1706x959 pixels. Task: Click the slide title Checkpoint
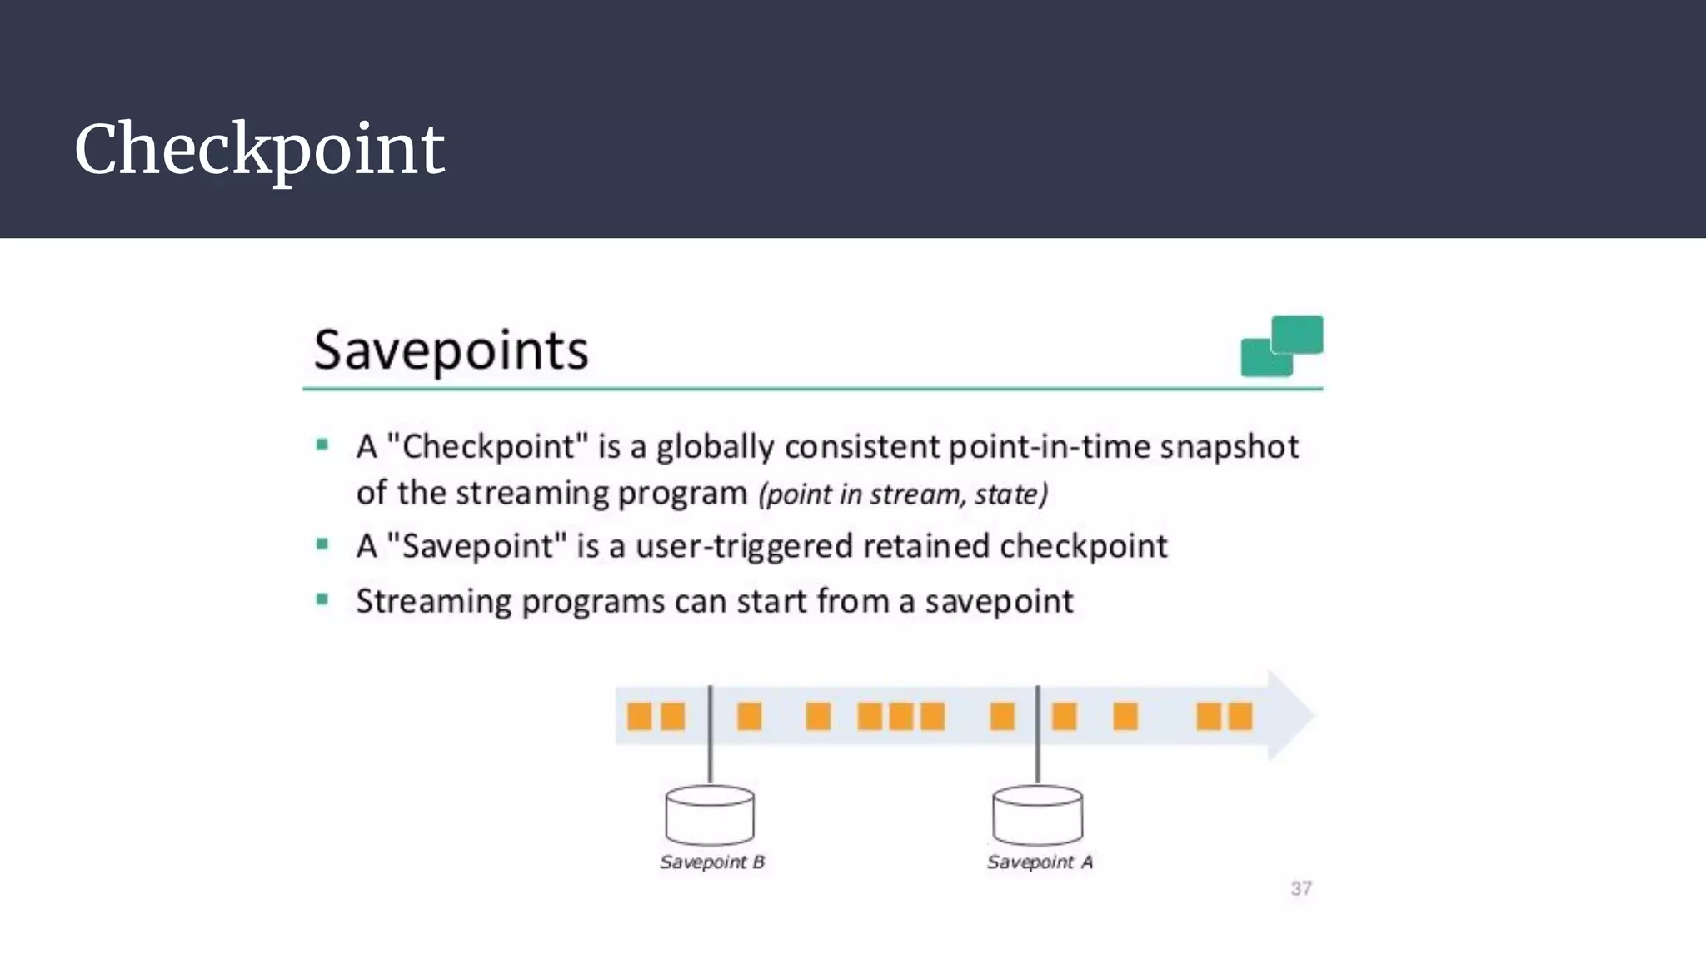coord(259,150)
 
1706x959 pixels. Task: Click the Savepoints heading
coord(451,350)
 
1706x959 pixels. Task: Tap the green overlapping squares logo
coord(1281,345)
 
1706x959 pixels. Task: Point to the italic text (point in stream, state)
coord(902,494)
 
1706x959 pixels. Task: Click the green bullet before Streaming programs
coord(322,599)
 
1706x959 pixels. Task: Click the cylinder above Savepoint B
coord(710,815)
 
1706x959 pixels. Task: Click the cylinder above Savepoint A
coord(1037,815)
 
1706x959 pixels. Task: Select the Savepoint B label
coord(712,862)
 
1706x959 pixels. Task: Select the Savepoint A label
coord(1040,862)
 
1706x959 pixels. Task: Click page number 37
coord(1301,888)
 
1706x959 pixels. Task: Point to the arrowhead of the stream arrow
coord(1291,715)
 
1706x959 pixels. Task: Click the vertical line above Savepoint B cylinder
coord(710,733)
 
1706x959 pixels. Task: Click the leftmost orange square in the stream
coord(639,716)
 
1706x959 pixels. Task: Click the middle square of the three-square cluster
coord(901,716)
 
